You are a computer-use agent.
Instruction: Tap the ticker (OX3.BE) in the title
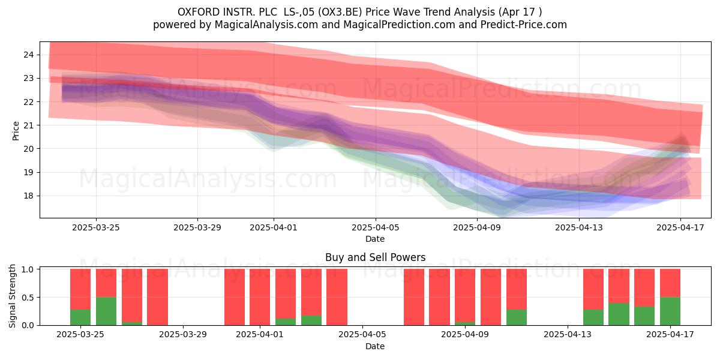[x=340, y=12]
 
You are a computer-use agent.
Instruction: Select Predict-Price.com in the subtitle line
[x=524, y=25]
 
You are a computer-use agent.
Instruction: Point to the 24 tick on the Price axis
[x=28, y=55]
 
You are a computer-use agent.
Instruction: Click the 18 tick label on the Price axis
[x=28, y=196]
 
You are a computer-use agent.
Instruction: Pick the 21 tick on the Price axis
[x=28, y=125]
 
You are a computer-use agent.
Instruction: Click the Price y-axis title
[x=16, y=131]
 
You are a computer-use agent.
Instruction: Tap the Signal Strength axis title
[x=12, y=296]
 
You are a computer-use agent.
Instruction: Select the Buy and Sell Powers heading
[x=375, y=257]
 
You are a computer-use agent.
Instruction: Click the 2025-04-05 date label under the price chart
[x=375, y=227]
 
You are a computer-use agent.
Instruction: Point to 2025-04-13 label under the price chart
[x=579, y=227]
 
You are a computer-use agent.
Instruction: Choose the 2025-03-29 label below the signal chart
[x=183, y=335]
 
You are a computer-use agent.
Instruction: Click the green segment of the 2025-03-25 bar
[x=80, y=317]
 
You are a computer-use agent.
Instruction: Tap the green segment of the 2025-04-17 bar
[x=670, y=311]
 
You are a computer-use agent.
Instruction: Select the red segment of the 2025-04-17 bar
[x=670, y=283]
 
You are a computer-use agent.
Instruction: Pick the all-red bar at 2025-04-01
[x=260, y=297]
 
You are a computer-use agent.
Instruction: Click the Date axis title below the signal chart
[x=375, y=346]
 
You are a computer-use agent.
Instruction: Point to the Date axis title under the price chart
[x=375, y=239]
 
